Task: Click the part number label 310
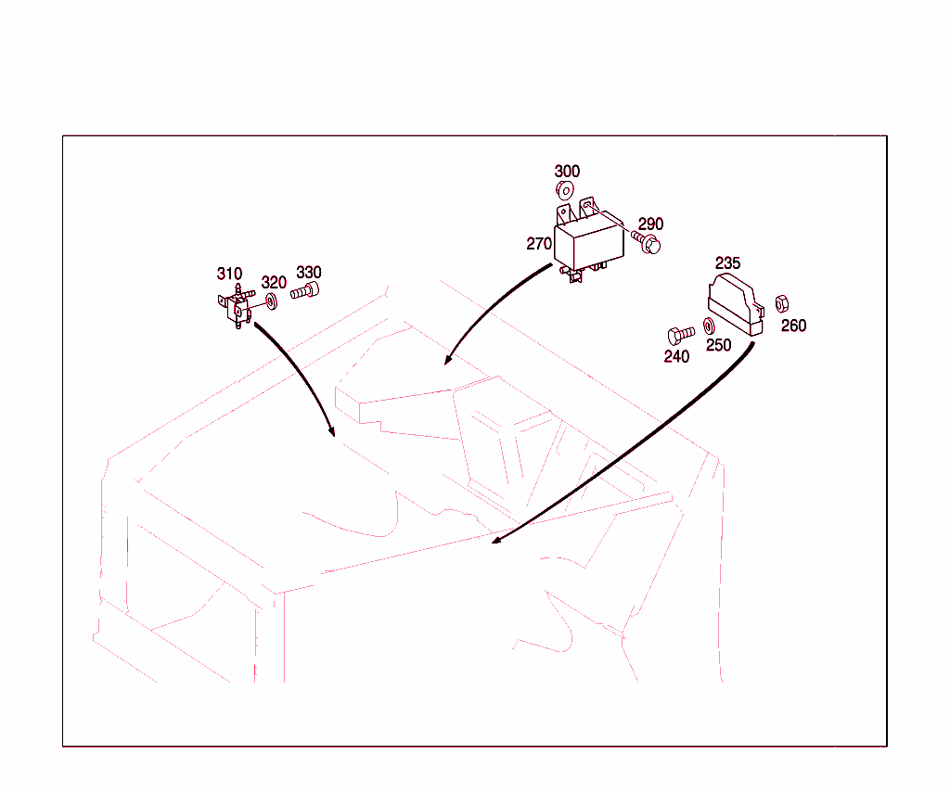pyautogui.click(x=230, y=274)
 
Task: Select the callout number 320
pyautogui.click(x=274, y=282)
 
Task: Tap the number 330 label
pyautogui.click(x=309, y=273)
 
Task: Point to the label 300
pyautogui.click(x=567, y=172)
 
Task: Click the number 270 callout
pyautogui.click(x=539, y=244)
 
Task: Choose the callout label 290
pyautogui.click(x=650, y=224)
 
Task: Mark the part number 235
pyautogui.click(x=727, y=263)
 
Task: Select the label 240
pyautogui.click(x=676, y=357)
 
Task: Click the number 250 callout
pyautogui.click(x=719, y=345)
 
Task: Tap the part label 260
pyautogui.click(x=794, y=326)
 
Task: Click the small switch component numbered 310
pyautogui.click(x=237, y=307)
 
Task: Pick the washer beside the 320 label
pyautogui.click(x=272, y=301)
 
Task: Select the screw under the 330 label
pyautogui.click(x=304, y=291)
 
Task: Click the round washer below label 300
pyautogui.click(x=565, y=191)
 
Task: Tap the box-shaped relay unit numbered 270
pyautogui.click(x=589, y=240)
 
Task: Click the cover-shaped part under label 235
pyautogui.click(x=736, y=305)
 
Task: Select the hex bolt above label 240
pyautogui.click(x=681, y=335)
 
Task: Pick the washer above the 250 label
pyautogui.click(x=709, y=326)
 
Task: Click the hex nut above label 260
pyautogui.click(x=782, y=303)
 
